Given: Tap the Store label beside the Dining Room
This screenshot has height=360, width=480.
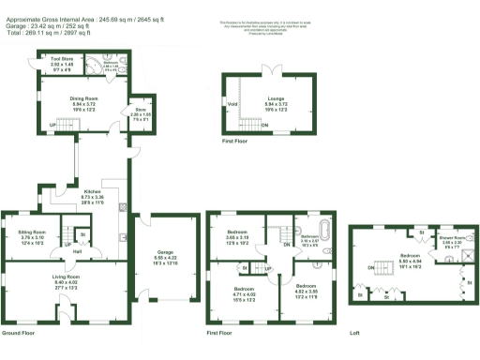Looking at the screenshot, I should click(138, 114).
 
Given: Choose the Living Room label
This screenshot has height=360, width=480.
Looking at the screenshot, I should click(65, 280).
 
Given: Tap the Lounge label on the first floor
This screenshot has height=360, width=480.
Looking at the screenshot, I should click(275, 97).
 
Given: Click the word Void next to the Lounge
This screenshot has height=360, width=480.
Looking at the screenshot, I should click(232, 103).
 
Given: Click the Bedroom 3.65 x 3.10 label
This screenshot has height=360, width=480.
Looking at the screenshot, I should click(237, 234).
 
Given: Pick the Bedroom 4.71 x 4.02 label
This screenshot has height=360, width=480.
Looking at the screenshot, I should click(245, 292).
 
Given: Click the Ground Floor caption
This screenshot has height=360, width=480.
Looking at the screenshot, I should click(20, 333).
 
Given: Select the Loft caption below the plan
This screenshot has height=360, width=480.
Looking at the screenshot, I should click(354, 333).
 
